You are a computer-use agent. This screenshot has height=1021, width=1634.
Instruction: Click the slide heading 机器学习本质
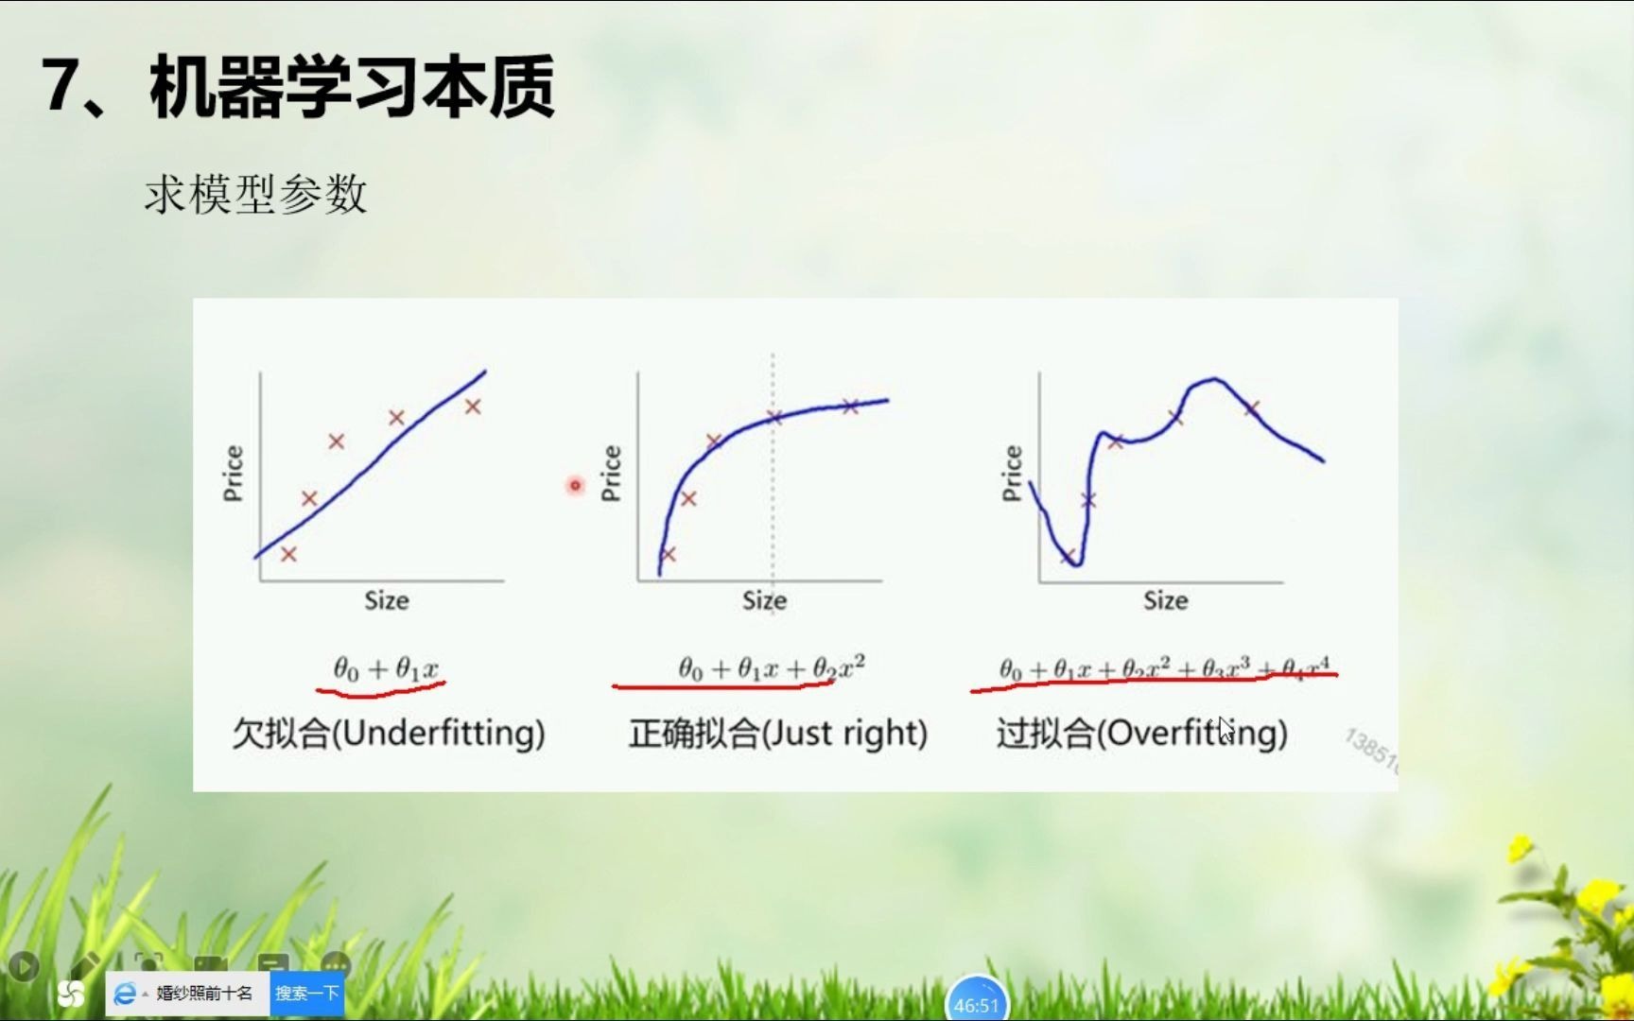[x=352, y=88]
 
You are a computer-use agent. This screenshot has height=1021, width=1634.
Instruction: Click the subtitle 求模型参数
[x=255, y=195]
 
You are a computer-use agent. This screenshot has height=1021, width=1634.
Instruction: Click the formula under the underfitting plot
[x=386, y=669]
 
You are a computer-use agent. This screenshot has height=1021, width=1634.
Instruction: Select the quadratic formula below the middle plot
[x=771, y=668]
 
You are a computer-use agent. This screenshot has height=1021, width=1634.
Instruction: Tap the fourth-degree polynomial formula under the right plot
[x=1164, y=668]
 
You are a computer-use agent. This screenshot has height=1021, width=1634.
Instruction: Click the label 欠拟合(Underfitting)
[x=389, y=734]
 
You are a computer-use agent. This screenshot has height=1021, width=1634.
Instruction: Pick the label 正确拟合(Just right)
[x=777, y=734]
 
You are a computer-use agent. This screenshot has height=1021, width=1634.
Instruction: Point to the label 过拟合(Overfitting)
[x=1141, y=734]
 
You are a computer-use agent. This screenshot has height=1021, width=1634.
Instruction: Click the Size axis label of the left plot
[x=387, y=601]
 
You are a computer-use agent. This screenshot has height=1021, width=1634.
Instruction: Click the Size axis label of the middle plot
[x=764, y=601]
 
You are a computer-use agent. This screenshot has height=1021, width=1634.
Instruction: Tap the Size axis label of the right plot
[x=1165, y=601]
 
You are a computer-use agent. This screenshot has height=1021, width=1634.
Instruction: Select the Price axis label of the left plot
[x=233, y=473]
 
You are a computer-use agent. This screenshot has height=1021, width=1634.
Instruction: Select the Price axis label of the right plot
[x=1012, y=473]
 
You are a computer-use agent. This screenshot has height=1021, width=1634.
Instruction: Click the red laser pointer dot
[x=575, y=485]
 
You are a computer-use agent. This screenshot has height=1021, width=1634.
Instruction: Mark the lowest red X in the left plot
[x=288, y=554]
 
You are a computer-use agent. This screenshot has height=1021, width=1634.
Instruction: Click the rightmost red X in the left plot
[x=473, y=407]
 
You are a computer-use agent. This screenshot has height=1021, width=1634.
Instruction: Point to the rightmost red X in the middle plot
[x=850, y=407]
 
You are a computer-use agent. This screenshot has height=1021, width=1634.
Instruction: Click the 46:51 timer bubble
[x=976, y=1004]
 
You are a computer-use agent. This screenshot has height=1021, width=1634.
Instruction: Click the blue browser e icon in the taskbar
[x=124, y=994]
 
